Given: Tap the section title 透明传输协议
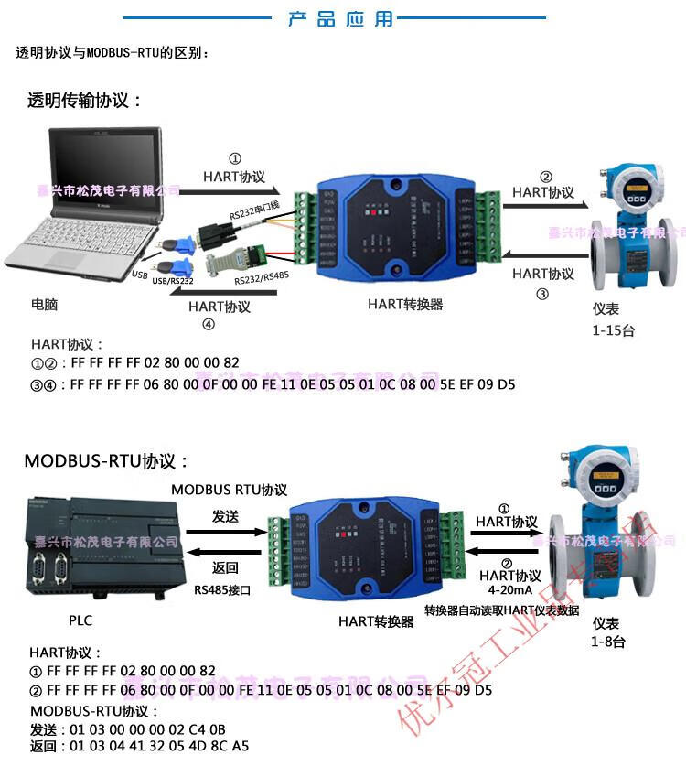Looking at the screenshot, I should (85, 101).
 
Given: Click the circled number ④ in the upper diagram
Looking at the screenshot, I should (209, 324).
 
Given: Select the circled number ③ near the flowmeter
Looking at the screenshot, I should (542, 294).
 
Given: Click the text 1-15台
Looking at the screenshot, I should (613, 331).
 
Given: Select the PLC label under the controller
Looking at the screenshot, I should (80, 620).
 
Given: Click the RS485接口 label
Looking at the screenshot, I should (222, 590).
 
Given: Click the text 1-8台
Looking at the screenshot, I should (608, 642).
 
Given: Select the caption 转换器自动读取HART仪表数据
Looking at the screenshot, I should (501, 610).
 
